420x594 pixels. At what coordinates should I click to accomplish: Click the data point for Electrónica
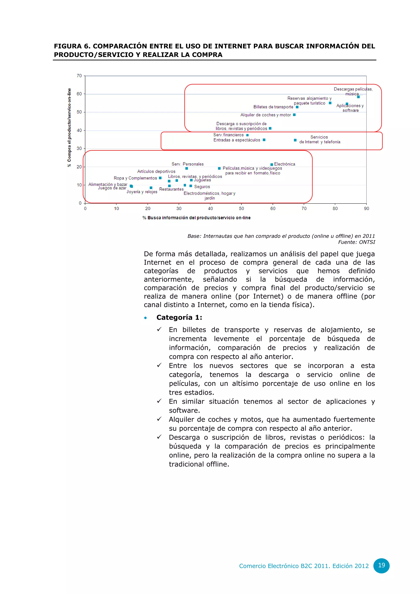click(272, 164)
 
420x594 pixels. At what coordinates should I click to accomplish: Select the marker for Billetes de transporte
click(297, 107)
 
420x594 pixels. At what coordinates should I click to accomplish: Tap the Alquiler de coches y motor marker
click(294, 115)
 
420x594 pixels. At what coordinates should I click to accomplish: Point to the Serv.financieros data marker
click(248, 135)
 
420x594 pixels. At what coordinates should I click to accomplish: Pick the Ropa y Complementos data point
click(160, 178)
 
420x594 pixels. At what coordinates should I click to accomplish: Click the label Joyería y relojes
click(142, 192)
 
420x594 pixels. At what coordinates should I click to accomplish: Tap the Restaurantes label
click(171, 189)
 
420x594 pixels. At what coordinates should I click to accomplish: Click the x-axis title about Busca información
click(196, 218)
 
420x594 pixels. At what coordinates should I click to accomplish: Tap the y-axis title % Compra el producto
click(69, 128)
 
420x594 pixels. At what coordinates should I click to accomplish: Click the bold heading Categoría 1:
click(179, 318)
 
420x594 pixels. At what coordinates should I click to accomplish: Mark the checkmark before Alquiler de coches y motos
click(159, 419)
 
